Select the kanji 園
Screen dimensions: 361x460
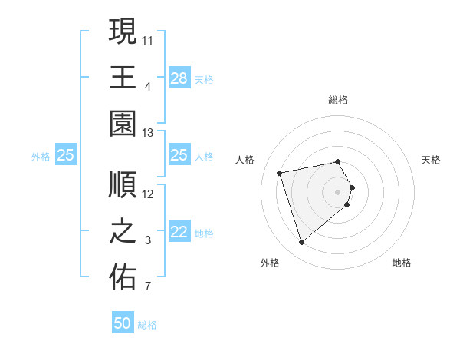(x=123, y=123)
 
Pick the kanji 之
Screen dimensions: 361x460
(x=123, y=231)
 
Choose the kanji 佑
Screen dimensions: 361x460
(x=123, y=277)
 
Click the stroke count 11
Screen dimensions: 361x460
(x=148, y=39)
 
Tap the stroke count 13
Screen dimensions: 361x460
(x=148, y=133)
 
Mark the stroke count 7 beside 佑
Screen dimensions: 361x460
(x=148, y=288)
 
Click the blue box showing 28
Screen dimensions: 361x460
(x=179, y=78)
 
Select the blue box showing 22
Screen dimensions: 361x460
(x=179, y=233)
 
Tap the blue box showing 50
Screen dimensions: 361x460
(x=123, y=323)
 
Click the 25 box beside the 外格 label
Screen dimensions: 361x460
(x=65, y=156)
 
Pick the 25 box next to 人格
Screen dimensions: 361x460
(x=179, y=156)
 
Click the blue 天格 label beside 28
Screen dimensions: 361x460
(x=203, y=79)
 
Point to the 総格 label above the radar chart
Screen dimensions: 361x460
(x=338, y=100)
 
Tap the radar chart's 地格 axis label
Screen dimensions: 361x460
(x=402, y=263)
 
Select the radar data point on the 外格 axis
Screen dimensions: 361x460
(x=301, y=243)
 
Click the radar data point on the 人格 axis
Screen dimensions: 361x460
(x=280, y=172)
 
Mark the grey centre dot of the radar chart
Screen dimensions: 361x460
(x=338, y=191)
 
